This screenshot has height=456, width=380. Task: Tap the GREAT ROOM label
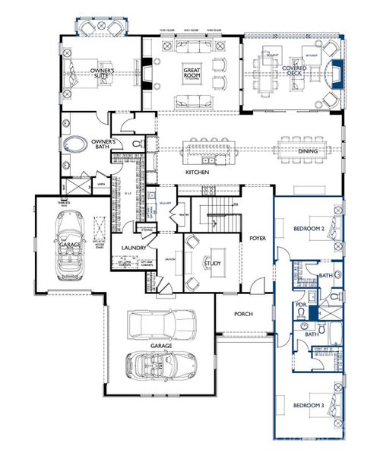(191, 74)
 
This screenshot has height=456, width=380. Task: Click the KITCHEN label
(197, 173)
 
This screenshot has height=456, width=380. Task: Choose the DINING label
(307, 151)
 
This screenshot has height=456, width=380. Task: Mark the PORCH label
(243, 314)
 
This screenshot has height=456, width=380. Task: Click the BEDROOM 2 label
(309, 227)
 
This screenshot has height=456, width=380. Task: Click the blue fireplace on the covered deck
(337, 74)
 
